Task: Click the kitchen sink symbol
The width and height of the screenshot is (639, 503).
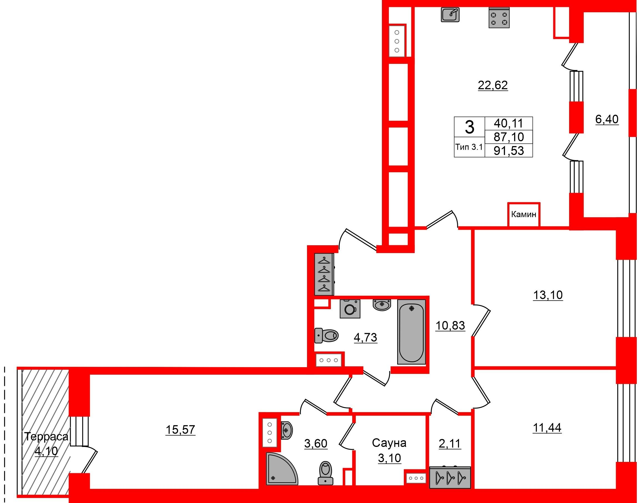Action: click(x=450, y=14)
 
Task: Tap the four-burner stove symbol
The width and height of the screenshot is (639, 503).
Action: click(x=499, y=18)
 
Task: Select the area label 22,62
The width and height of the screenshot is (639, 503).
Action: click(x=493, y=85)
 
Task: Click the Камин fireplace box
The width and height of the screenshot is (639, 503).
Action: click(x=524, y=214)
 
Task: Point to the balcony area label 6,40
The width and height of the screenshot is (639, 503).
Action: click(x=607, y=119)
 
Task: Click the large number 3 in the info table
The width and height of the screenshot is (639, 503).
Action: click(x=469, y=127)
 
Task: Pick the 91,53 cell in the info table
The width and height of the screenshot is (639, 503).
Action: click(x=509, y=151)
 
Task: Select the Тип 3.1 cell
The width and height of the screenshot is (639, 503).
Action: click(x=469, y=147)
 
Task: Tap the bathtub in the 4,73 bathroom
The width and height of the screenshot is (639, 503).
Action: click(x=411, y=332)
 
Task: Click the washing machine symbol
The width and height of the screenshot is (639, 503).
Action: click(x=350, y=309)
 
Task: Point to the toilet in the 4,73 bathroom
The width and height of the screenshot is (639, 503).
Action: click(x=326, y=336)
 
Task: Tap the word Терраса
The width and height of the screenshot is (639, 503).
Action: click(x=46, y=436)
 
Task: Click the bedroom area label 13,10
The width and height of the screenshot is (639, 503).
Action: click(x=548, y=295)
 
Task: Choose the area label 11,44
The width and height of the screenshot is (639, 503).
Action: click(x=547, y=428)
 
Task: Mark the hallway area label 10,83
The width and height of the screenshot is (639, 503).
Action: click(x=450, y=326)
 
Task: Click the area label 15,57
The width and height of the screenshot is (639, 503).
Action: click(x=180, y=430)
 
